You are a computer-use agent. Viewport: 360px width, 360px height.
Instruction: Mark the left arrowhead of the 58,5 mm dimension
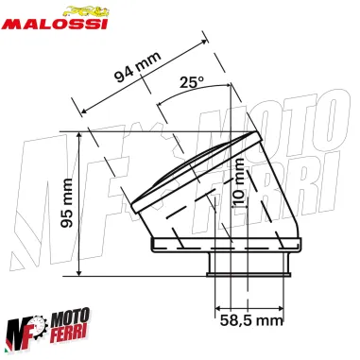pos(217,307)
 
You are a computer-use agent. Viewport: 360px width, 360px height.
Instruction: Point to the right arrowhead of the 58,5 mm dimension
pos(283,307)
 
